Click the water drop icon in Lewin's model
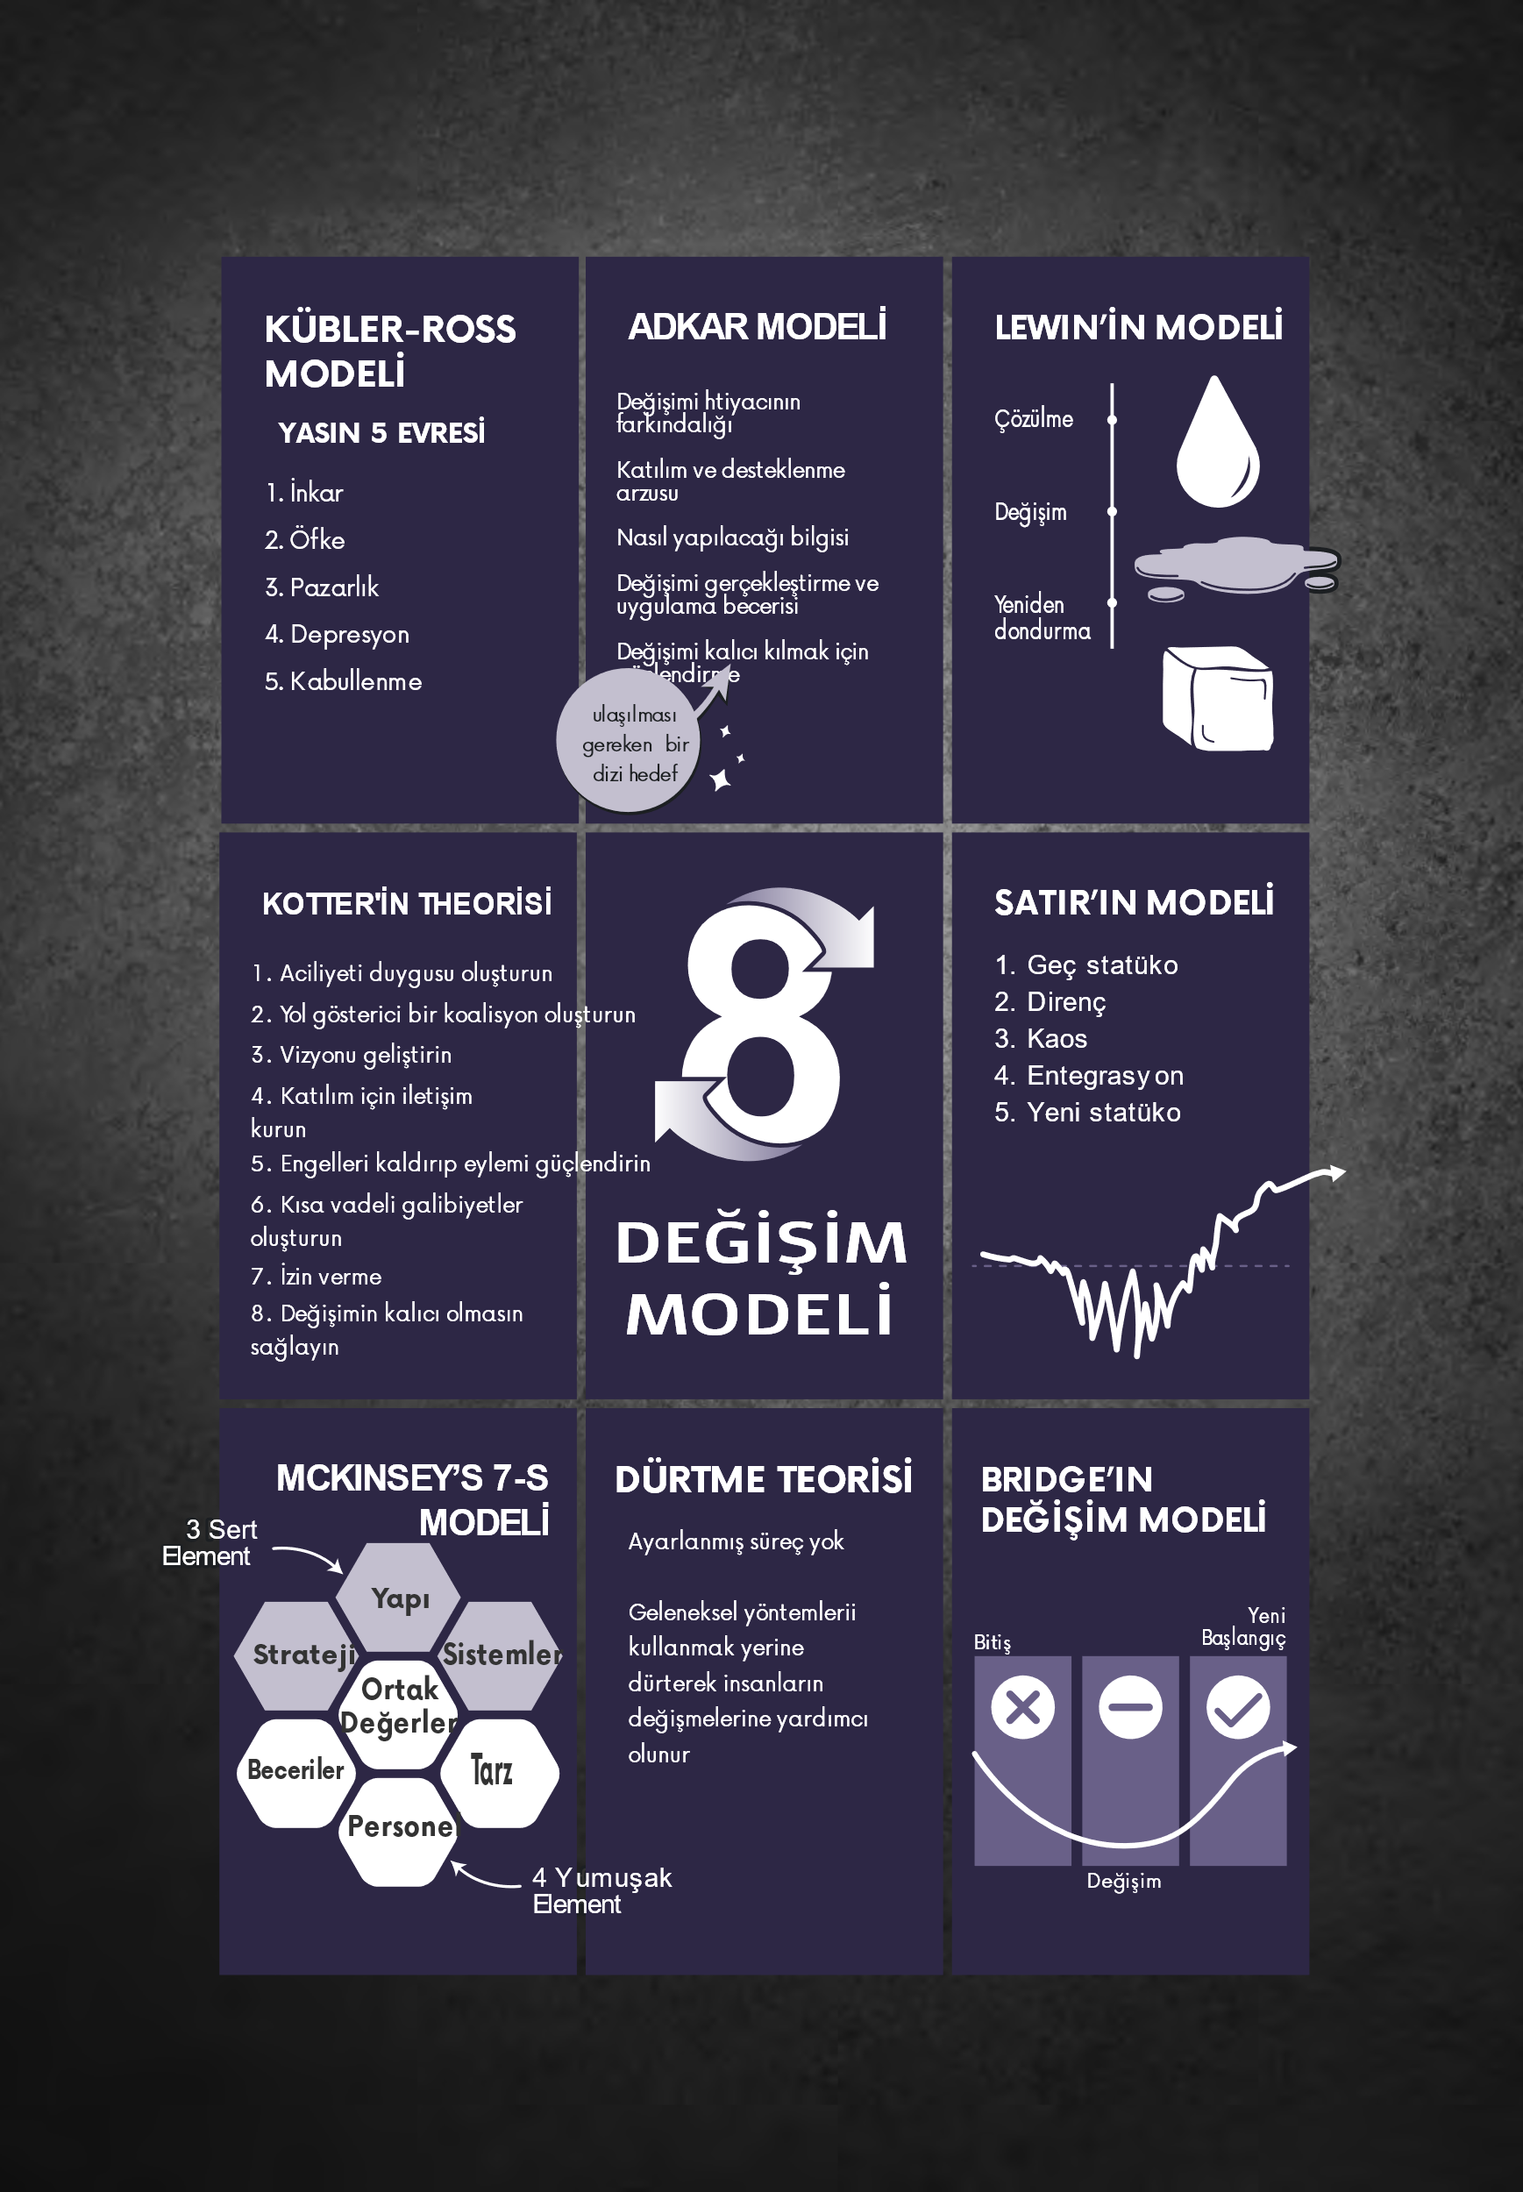(1217, 443)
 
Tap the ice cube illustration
(1218, 699)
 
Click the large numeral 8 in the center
(761, 1026)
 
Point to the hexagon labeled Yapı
(401, 1598)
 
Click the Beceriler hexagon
(295, 1771)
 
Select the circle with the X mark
(1022, 1707)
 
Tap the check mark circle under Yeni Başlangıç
(1238, 1707)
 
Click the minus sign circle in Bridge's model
(1130, 1707)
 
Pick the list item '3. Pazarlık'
(322, 587)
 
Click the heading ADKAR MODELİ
(757, 327)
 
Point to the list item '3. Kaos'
(1040, 1038)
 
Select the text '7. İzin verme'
(316, 1276)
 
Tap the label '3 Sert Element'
(210, 1542)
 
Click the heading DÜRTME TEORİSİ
(764, 1480)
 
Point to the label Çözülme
(1034, 419)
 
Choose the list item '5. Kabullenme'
(343, 681)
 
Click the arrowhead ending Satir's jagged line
(1336, 1172)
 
